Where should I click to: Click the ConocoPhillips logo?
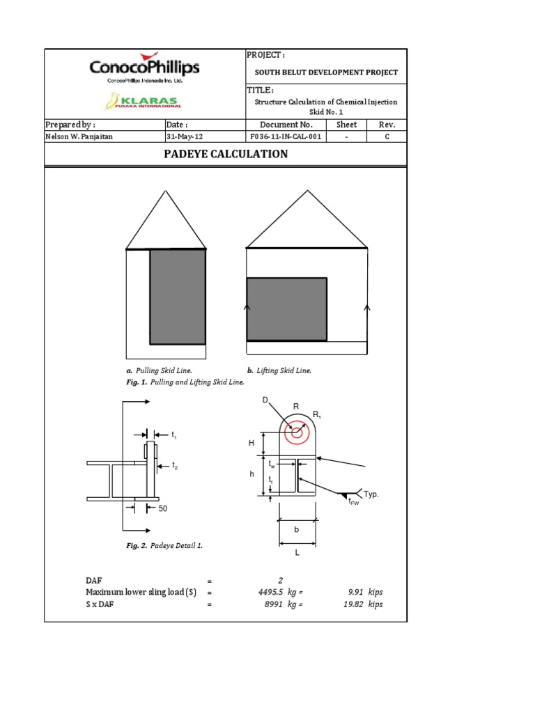pyautogui.click(x=144, y=68)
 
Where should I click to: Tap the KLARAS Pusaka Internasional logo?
pyautogui.click(x=144, y=102)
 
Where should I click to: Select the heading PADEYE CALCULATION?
pyautogui.click(x=225, y=154)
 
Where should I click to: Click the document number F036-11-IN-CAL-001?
pyautogui.click(x=287, y=137)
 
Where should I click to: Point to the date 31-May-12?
pyautogui.click(x=185, y=137)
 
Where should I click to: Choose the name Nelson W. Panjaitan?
pyautogui.click(x=79, y=137)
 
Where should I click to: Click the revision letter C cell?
pyautogui.click(x=387, y=137)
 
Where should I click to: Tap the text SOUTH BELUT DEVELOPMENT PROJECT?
pyautogui.click(x=326, y=72)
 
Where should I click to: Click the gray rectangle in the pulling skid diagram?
pyautogui.click(x=178, y=297)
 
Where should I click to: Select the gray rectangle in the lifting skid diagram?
pyautogui.click(x=286, y=309)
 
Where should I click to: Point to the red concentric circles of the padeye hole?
pyautogui.click(x=297, y=432)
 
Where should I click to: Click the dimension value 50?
pyautogui.click(x=163, y=509)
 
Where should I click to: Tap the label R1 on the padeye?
pyautogui.click(x=316, y=415)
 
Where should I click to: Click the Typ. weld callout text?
pyautogui.click(x=372, y=494)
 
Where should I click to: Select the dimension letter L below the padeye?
pyautogui.click(x=297, y=552)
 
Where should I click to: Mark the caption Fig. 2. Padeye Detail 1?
pyautogui.click(x=165, y=546)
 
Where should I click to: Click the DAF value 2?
pyautogui.click(x=280, y=579)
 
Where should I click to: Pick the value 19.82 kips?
pyautogui.click(x=365, y=604)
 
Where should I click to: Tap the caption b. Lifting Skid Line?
pyautogui.click(x=279, y=370)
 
